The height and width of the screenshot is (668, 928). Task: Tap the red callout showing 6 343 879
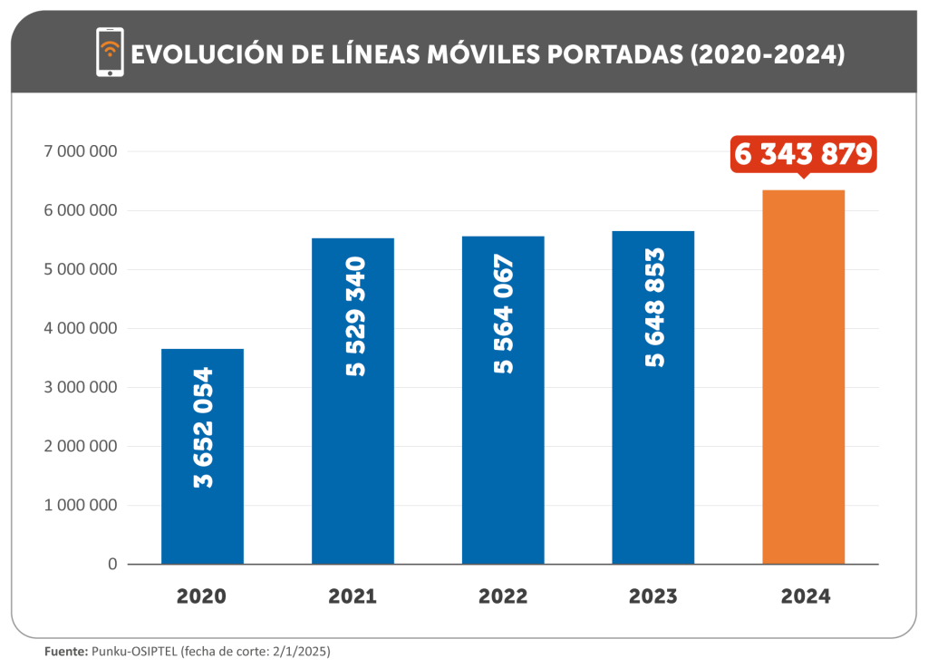click(803, 154)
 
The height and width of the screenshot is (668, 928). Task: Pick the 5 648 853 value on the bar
click(654, 307)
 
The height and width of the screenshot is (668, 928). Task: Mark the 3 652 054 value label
click(204, 427)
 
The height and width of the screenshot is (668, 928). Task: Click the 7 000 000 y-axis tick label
click(81, 152)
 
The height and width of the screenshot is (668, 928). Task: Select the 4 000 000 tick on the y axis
click(81, 328)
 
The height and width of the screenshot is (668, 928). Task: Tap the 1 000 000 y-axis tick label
click(81, 505)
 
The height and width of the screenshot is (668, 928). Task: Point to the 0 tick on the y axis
click(112, 564)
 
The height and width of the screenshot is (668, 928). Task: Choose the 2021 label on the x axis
click(353, 596)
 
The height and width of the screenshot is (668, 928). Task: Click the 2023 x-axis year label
click(652, 596)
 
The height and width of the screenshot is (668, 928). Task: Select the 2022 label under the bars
click(503, 596)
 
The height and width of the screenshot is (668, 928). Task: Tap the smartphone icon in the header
click(110, 52)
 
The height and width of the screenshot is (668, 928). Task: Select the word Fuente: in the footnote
click(66, 651)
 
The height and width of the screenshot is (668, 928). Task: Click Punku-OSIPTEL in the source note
click(134, 651)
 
